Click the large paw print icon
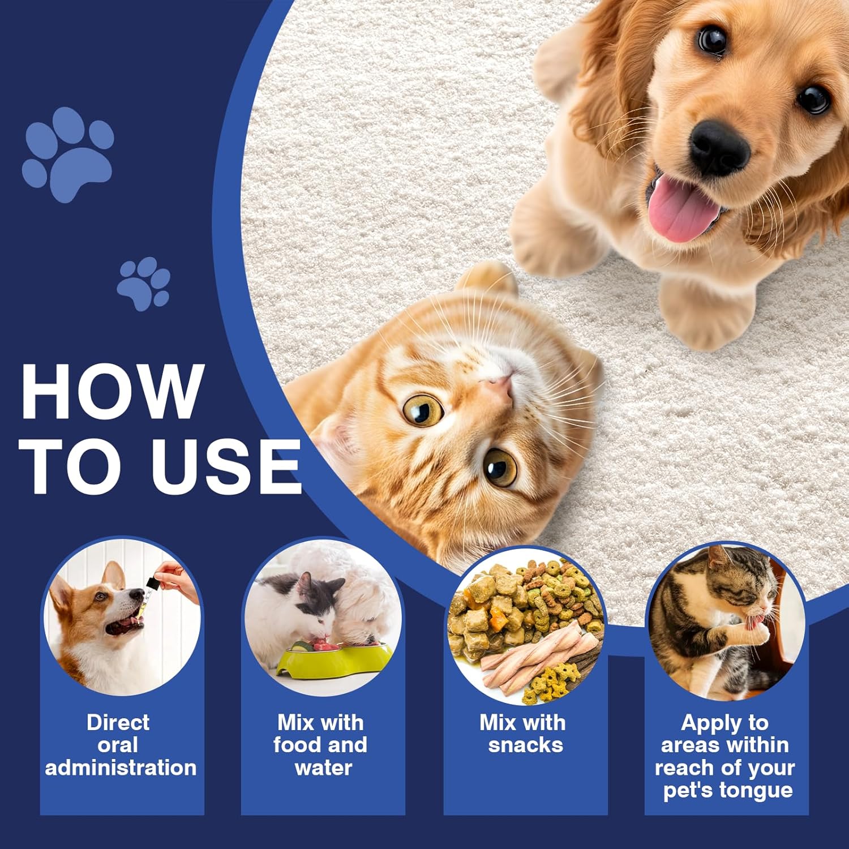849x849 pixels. (68, 156)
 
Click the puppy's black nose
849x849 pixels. (719, 146)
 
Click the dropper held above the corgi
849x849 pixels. (148, 591)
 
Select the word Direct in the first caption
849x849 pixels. (118, 723)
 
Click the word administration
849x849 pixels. (121, 768)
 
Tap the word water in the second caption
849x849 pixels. (323, 768)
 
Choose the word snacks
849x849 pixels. (525, 745)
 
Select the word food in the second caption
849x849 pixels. (299, 745)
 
